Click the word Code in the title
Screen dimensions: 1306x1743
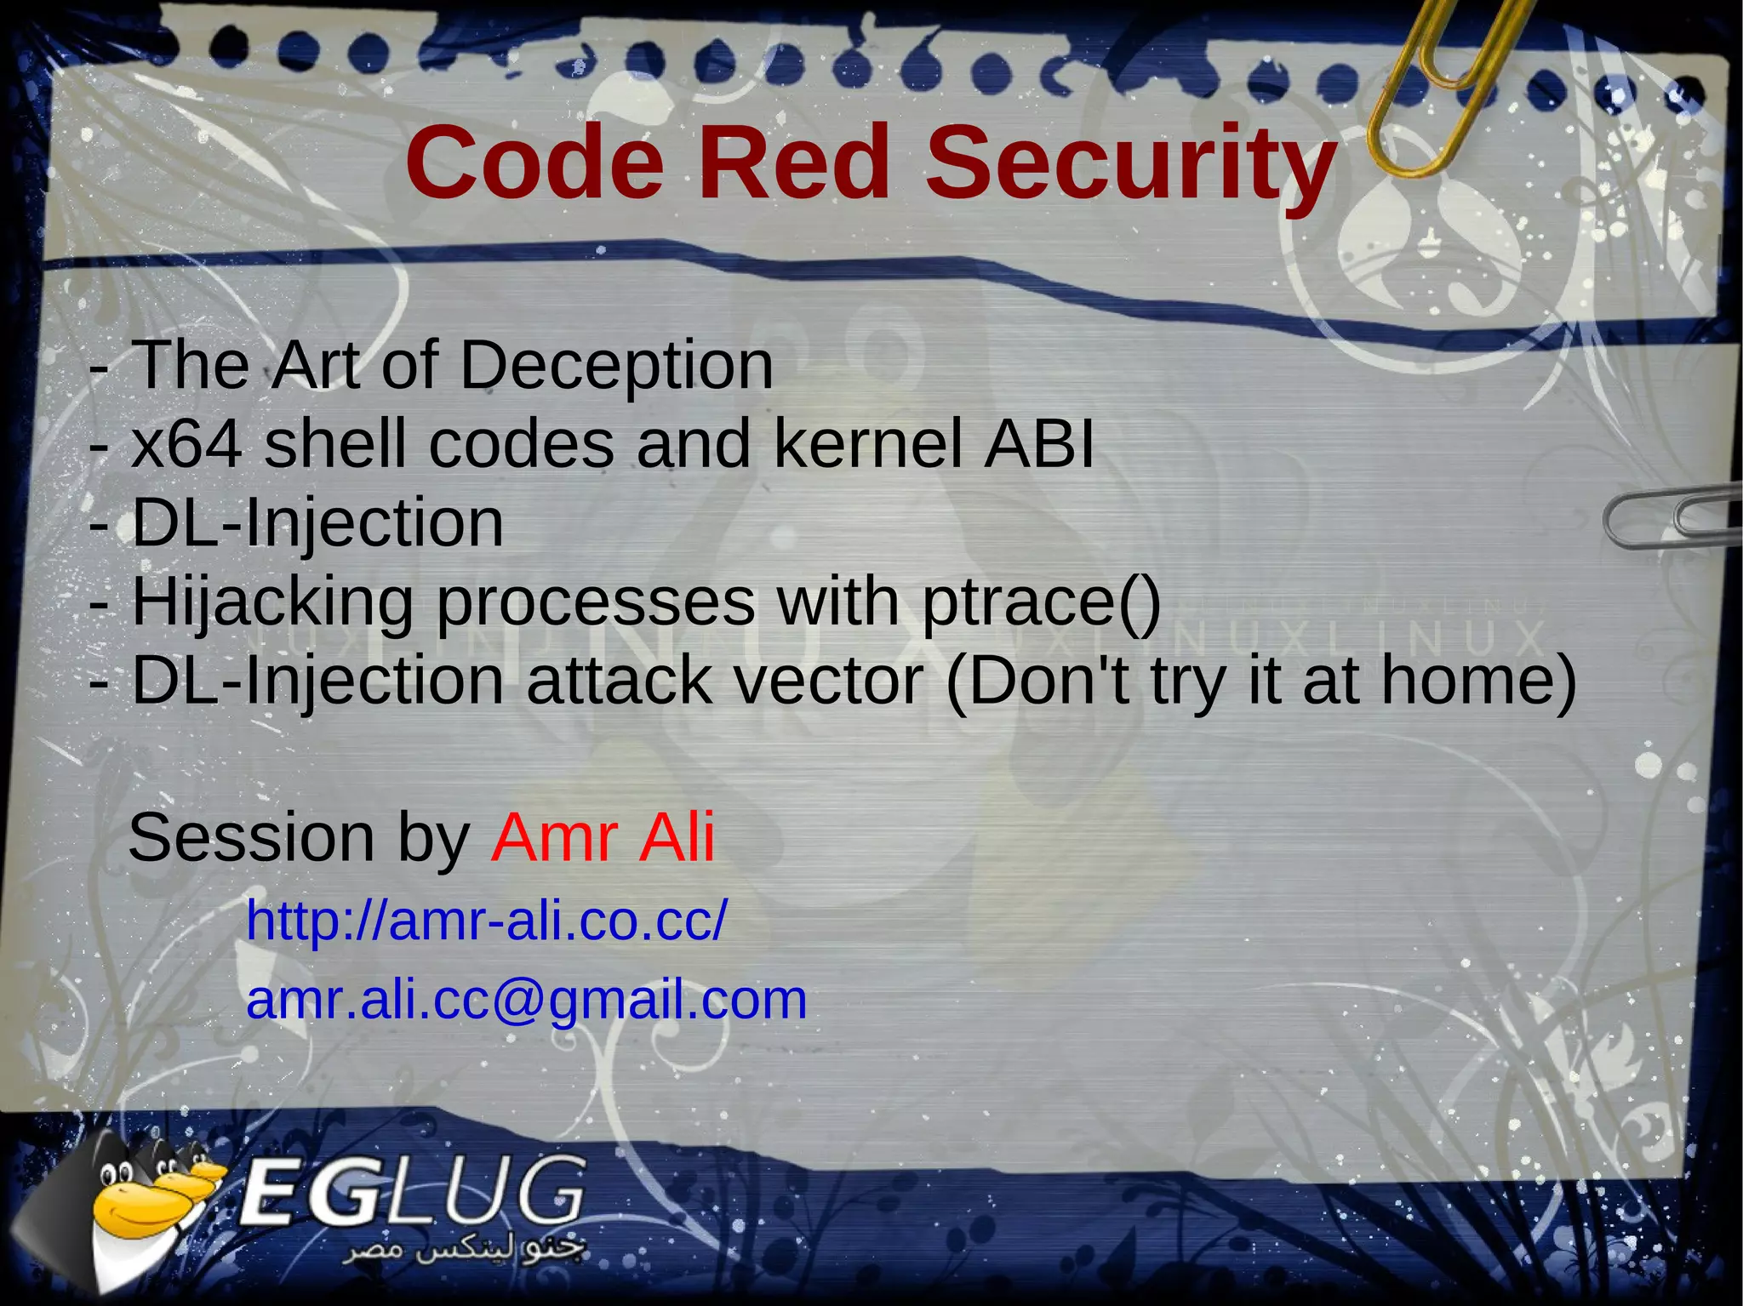(534, 162)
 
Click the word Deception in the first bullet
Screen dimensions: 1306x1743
(616, 366)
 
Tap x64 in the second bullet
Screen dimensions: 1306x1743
(186, 444)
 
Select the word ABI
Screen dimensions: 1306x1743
(1038, 444)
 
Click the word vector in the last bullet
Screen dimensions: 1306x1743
(828, 681)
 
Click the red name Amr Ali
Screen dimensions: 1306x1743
(603, 838)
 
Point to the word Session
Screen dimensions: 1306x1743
(251, 838)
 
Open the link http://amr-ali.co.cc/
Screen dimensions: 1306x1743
(487, 921)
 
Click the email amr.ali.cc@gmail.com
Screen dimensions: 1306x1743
(526, 1000)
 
